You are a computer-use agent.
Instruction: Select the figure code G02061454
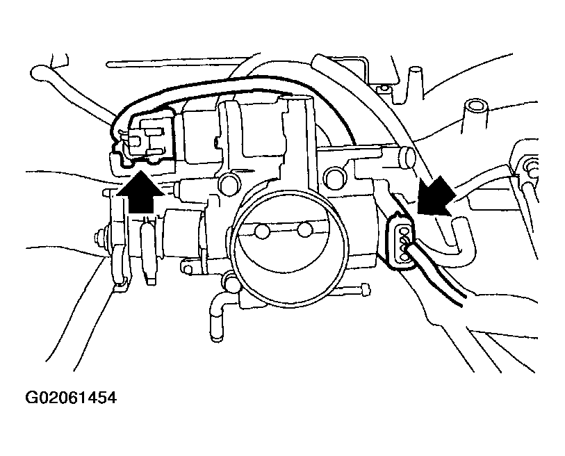pos(70,398)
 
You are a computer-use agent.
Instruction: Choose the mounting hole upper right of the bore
pos(336,174)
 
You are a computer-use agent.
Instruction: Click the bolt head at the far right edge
pos(532,167)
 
